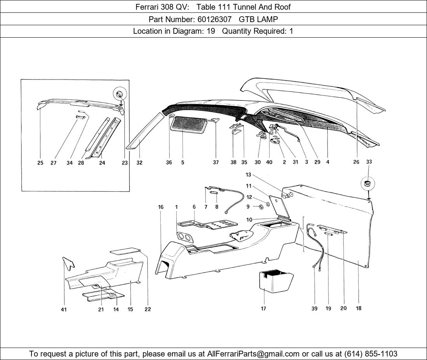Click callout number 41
click(x=64, y=309)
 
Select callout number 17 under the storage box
click(x=264, y=308)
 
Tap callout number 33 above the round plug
click(x=369, y=162)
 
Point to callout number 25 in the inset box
click(x=40, y=163)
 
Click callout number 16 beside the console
click(x=161, y=207)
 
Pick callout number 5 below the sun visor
click(x=182, y=163)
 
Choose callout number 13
click(x=248, y=175)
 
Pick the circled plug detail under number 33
click(x=367, y=183)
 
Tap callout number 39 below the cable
click(x=314, y=308)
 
